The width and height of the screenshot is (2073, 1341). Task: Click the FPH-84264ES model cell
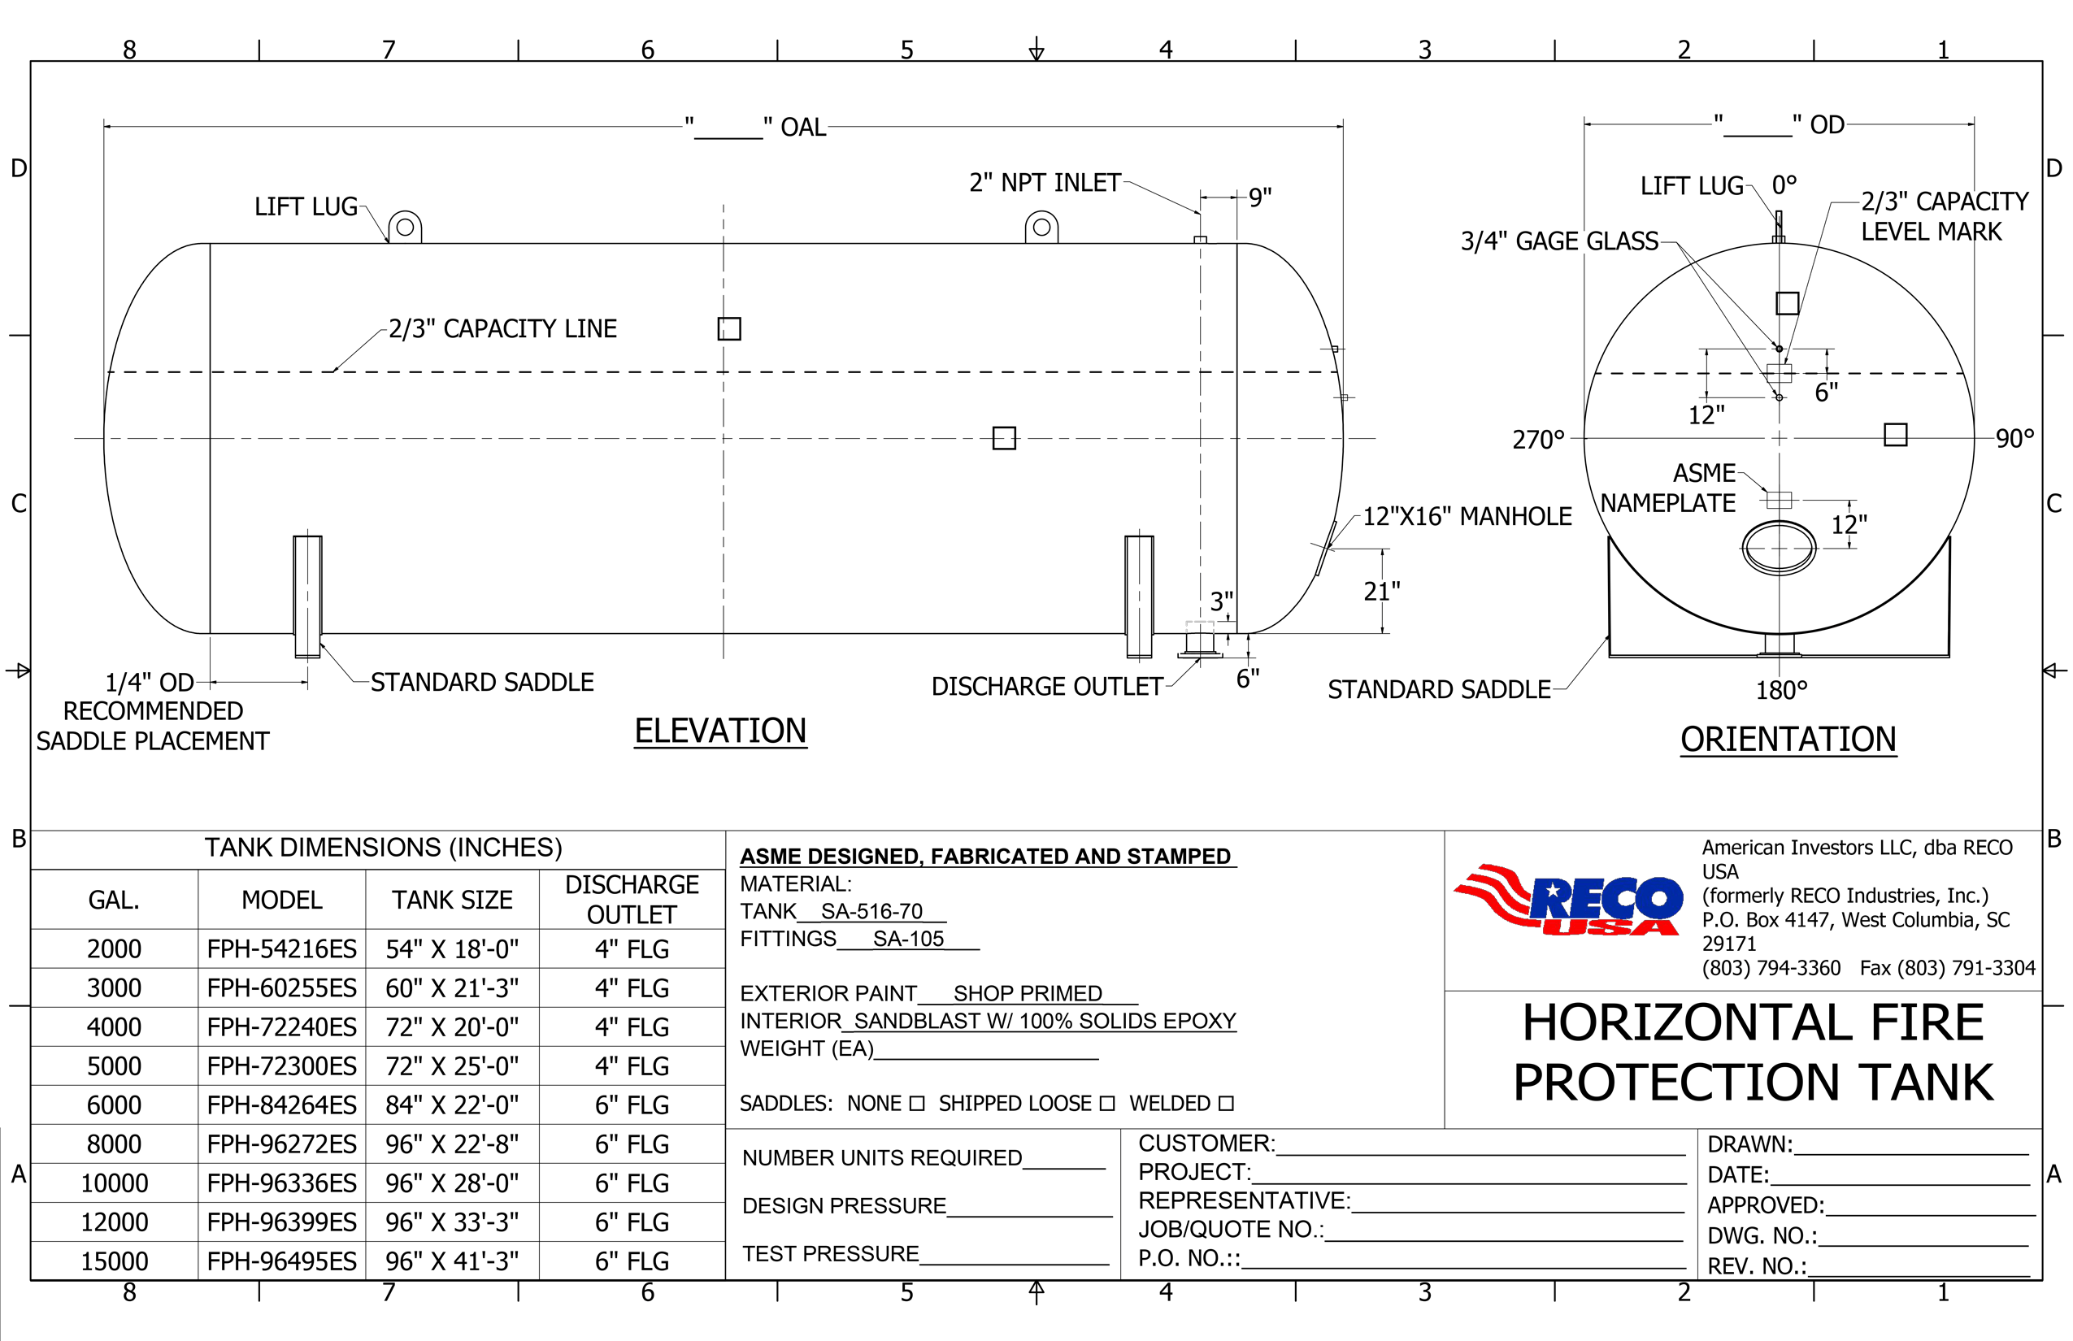(281, 1105)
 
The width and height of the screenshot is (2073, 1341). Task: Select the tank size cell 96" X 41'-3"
(452, 1261)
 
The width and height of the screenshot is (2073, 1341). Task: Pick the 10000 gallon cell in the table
(114, 1183)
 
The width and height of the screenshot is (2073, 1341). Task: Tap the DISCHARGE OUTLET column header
(632, 900)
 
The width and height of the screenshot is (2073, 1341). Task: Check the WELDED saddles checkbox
(1227, 1104)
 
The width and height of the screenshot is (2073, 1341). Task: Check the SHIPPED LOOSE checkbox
(1107, 1104)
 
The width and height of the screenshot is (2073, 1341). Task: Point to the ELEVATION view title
(720, 731)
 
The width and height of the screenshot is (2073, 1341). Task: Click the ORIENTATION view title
(1788, 740)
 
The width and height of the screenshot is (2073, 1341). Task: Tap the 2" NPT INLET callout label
(1045, 183)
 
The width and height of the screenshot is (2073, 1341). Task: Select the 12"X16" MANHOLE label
(1467, 516)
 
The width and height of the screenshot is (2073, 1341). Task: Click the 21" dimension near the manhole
(1381, 592)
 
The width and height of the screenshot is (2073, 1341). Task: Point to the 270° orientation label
(1538, 440)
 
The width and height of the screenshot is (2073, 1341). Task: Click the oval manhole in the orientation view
(1779, 549)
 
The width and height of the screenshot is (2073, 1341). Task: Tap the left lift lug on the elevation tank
(405, 228)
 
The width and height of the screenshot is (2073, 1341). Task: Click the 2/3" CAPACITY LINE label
(502, 329)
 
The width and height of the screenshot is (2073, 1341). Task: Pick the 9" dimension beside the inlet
(1259, 197)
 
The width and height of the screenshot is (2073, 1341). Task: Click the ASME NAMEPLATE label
(1668, 488)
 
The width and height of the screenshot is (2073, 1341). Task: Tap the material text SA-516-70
(871, 912)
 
